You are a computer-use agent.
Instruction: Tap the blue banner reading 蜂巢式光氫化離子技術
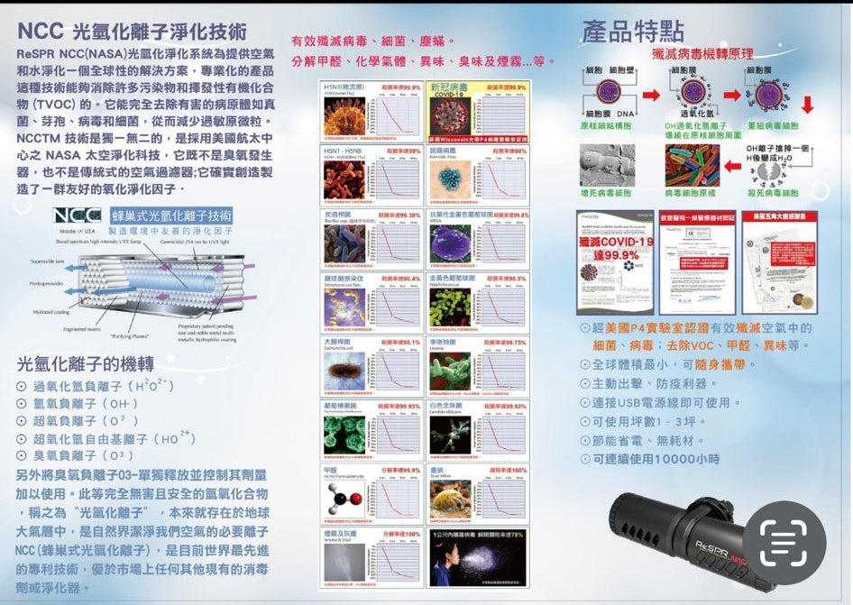[171, 216]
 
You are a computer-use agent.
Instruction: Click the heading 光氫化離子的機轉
[86, 364]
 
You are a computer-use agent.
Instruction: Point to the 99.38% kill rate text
[399, 215]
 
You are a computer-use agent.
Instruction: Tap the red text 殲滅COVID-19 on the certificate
[615, 249]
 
